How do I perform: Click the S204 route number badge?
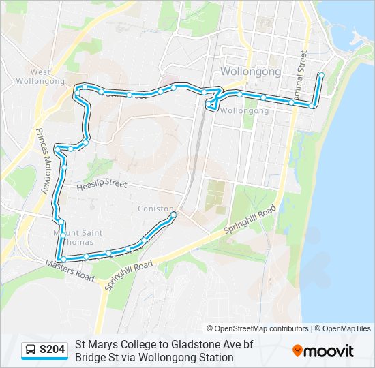tap(52, 350)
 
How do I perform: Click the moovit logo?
tap(323, 351)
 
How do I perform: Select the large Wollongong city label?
tap(251, 72)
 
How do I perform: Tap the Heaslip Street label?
tap(102, 184)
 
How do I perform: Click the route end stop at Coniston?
tap(173, 215)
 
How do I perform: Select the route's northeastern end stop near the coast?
tap(320, 74)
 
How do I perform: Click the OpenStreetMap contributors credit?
tap(258, 328)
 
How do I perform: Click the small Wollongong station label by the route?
tap(245, 110)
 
